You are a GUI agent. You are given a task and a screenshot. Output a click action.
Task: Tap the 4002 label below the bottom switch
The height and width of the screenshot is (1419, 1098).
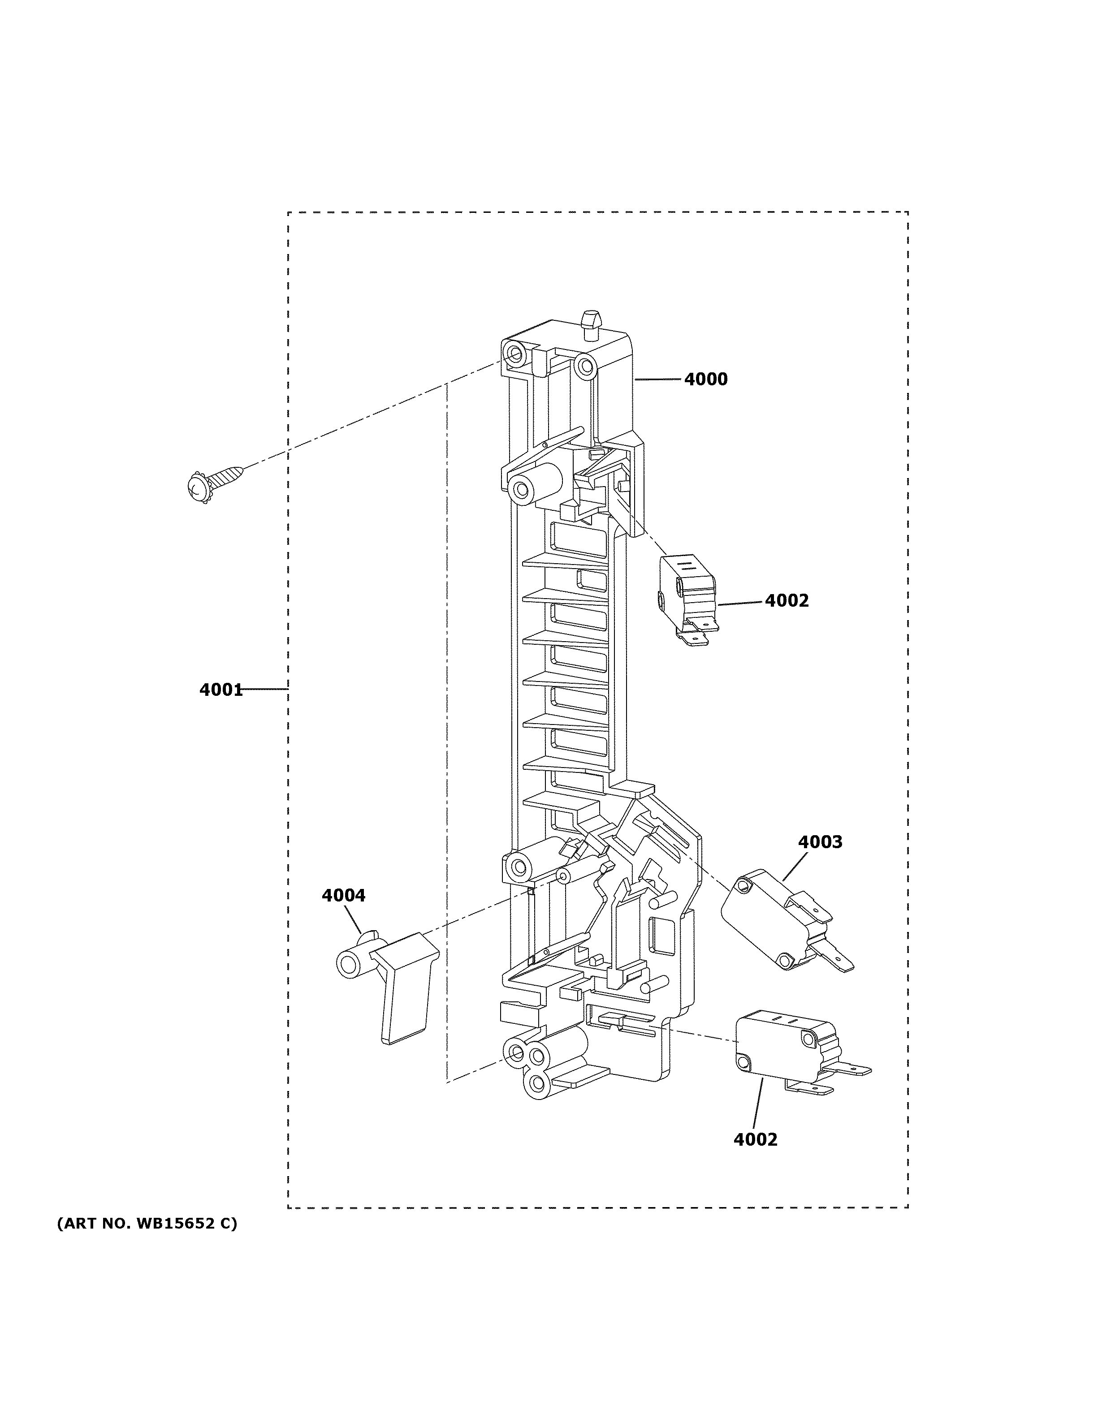(755, 1139)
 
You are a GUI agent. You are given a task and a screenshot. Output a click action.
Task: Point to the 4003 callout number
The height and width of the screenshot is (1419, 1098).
(820, 842)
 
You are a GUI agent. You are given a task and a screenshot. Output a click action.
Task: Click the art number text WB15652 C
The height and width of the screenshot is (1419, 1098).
(147, 1224)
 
